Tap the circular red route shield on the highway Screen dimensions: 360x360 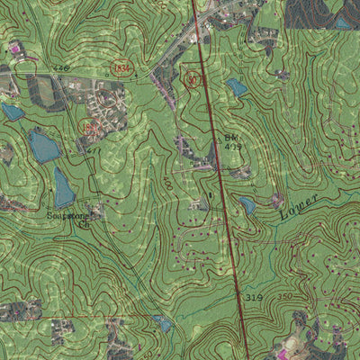coord(191,77)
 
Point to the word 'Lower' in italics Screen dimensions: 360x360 coord(298,210)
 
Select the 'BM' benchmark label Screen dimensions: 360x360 coord(230,137)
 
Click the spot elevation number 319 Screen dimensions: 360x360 coord(253,295)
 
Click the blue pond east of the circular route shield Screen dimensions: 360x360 coord(237,87)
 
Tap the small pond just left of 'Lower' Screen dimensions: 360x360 coord(247,206)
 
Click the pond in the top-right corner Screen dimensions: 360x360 coord(342,22)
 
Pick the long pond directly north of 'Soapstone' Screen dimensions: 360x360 coord(63,187)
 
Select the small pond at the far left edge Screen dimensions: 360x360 coord(13,112)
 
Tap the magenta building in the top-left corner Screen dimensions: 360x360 coord(13,47)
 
